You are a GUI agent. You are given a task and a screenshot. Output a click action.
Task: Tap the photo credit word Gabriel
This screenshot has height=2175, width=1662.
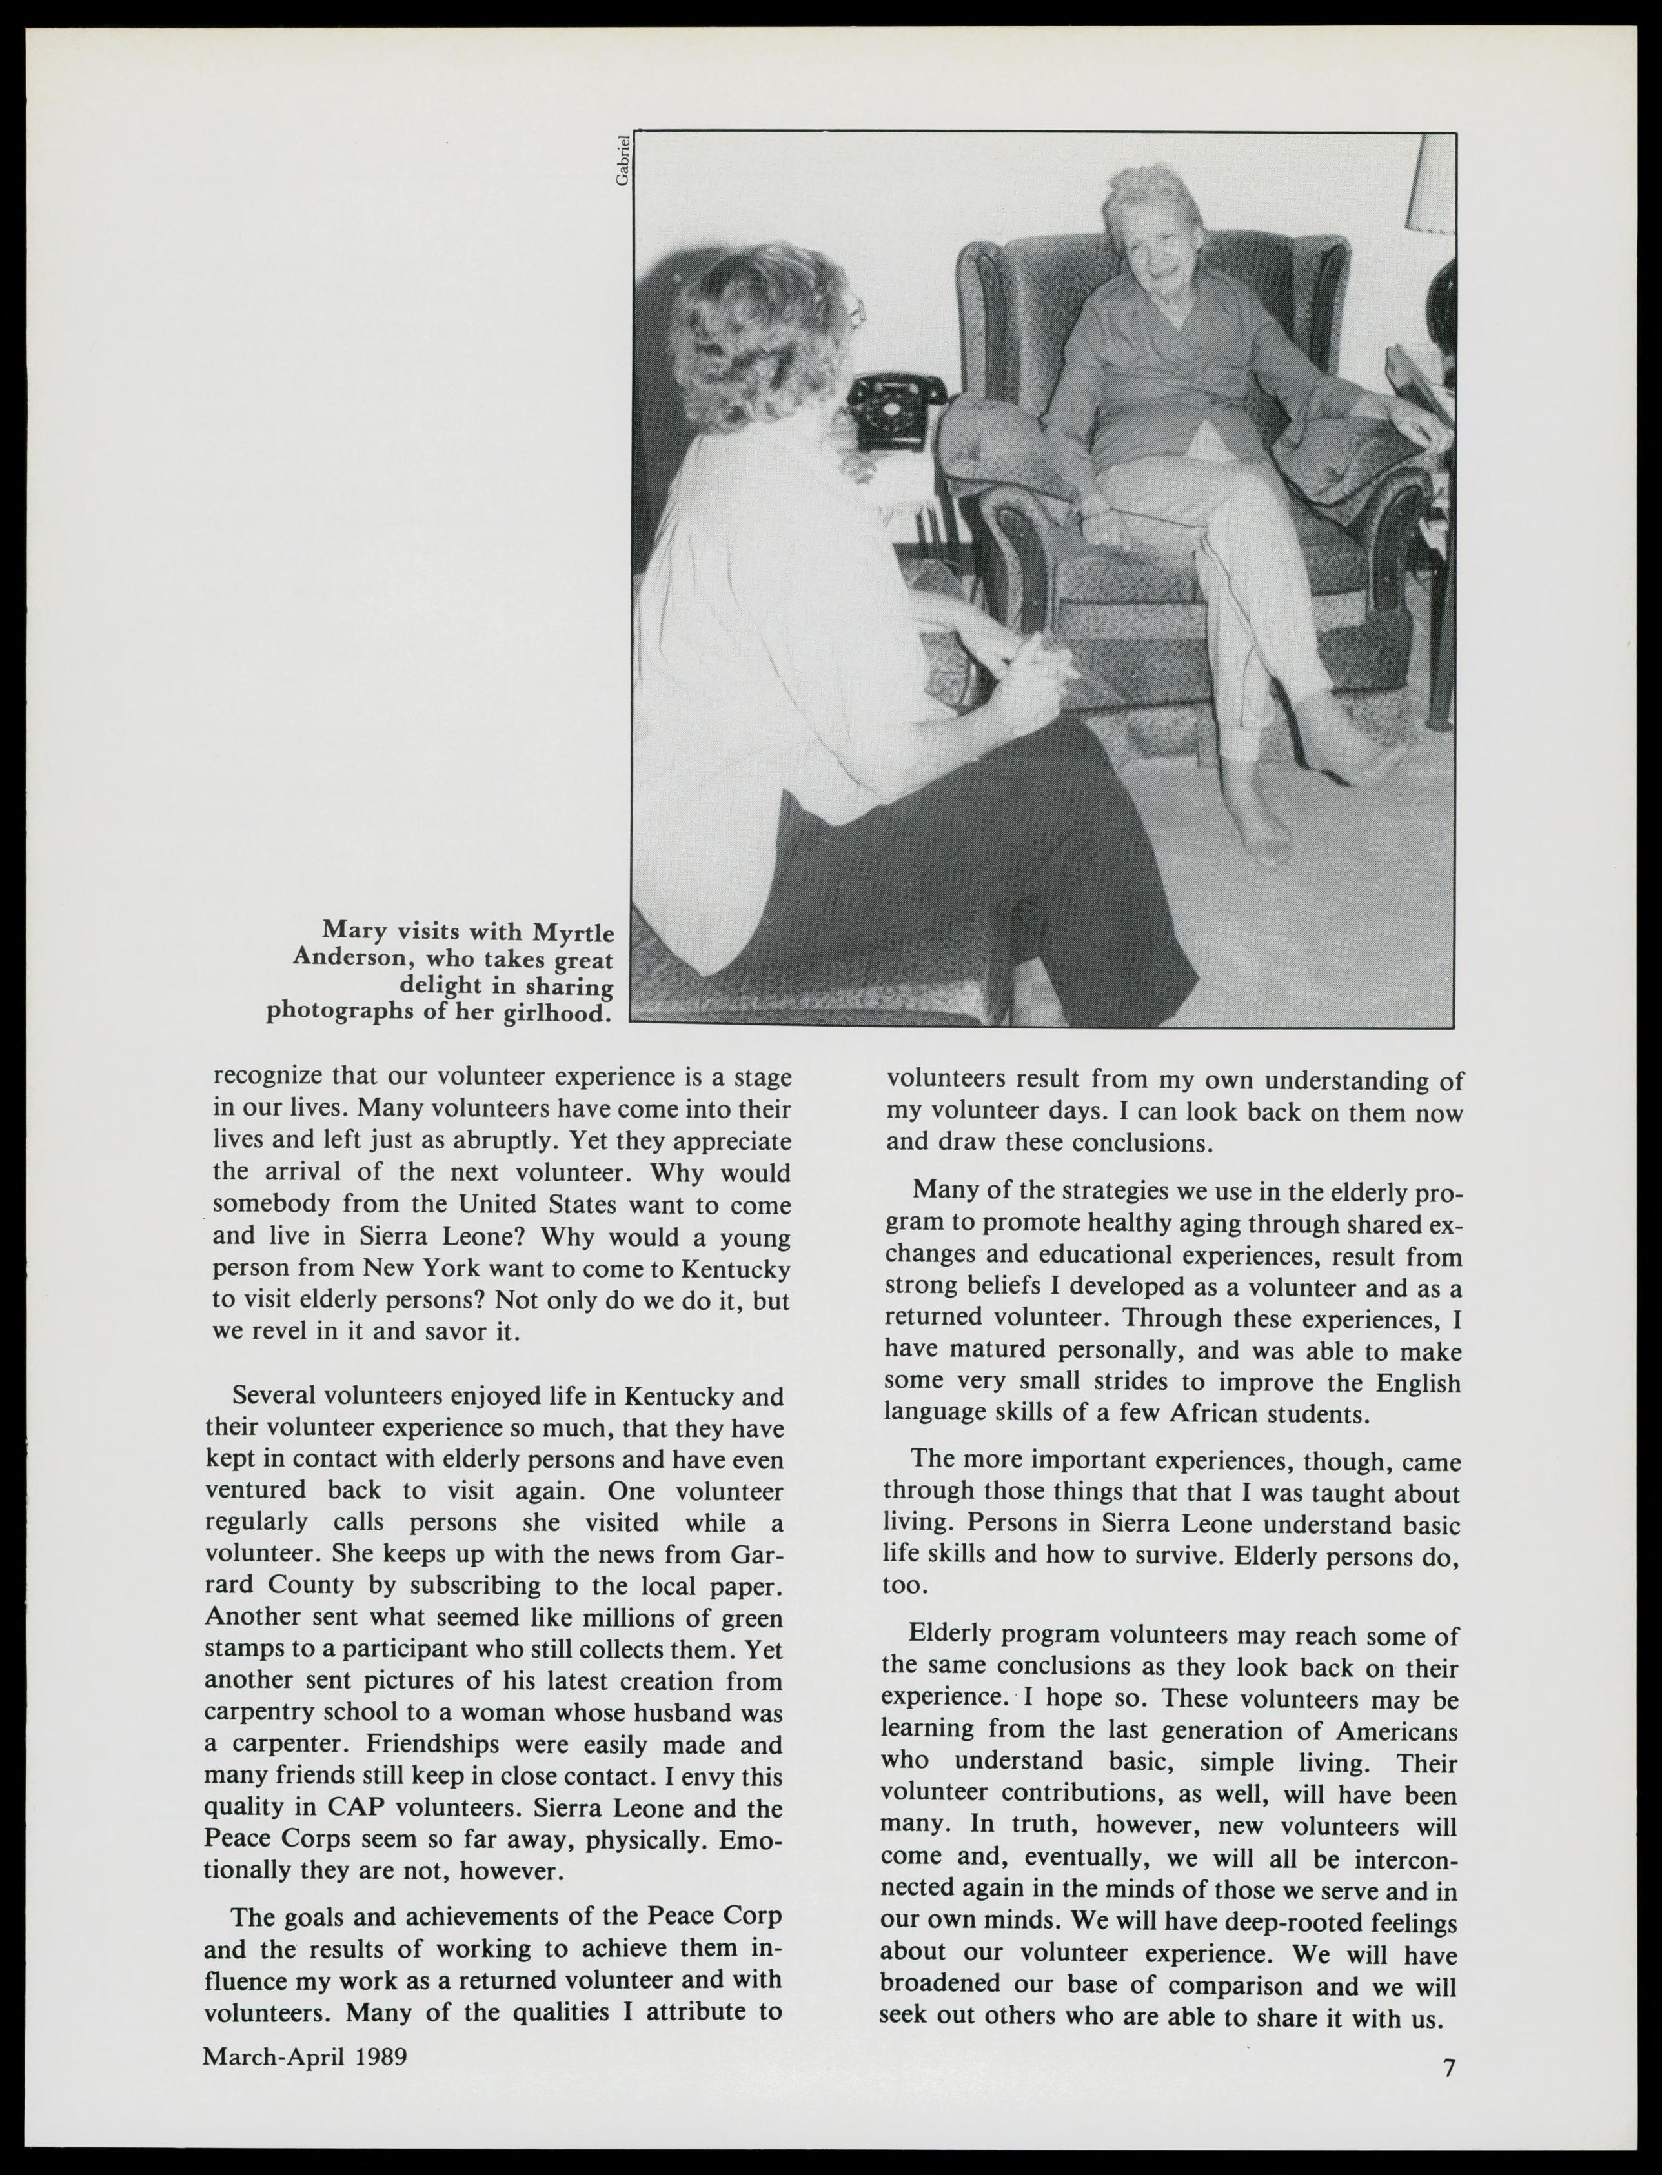tap(622, 159)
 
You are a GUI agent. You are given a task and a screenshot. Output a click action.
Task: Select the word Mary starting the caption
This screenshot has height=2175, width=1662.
tap(355, 933)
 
